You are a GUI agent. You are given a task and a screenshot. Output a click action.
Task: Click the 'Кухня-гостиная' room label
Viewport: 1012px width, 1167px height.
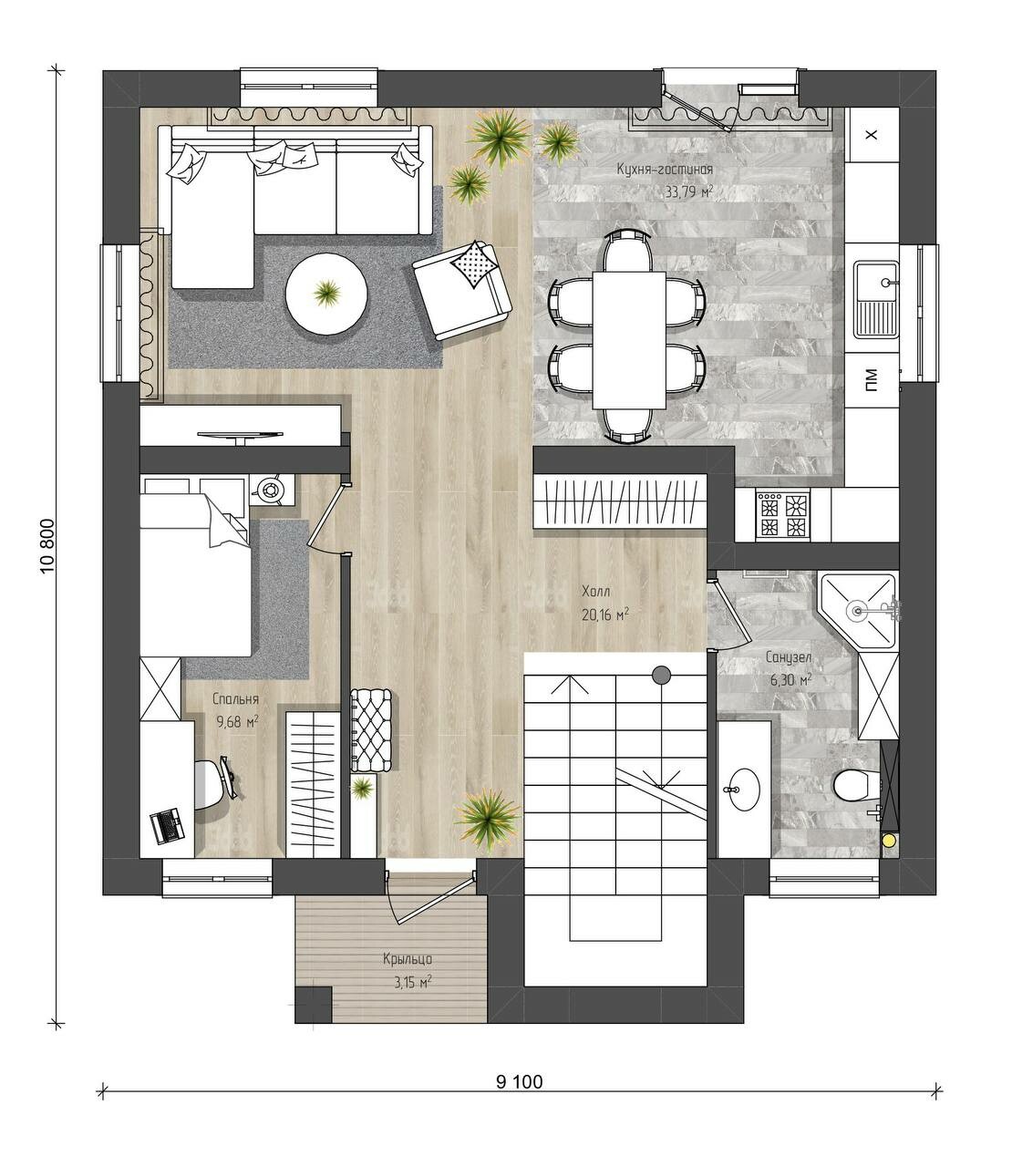(x=664, y=170)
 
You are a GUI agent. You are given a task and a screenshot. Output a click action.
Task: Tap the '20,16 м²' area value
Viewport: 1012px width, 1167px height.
(x=605, y=614)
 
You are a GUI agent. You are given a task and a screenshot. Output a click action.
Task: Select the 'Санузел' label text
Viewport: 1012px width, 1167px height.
(x=789, y=657)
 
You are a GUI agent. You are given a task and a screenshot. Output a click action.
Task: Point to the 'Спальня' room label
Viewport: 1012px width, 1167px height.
(x=235, y=699)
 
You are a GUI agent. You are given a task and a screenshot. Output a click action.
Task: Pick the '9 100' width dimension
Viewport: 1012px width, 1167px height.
(x=520, y=1081)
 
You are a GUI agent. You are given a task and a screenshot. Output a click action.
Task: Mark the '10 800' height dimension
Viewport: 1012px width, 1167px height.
(x=47, y=546)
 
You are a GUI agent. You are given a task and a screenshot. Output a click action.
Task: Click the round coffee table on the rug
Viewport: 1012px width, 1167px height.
(x=327, y=294)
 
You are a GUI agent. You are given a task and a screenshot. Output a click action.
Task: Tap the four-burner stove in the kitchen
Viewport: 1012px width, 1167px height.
(x=782, y=514)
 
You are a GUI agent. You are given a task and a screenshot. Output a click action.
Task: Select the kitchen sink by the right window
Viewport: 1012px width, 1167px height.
(x=876, y=299)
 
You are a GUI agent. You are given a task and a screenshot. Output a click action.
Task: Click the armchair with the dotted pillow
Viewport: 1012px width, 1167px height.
(x=462, y=291)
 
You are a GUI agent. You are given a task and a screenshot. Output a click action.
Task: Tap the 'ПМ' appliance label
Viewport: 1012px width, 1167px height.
(x=872, y=380)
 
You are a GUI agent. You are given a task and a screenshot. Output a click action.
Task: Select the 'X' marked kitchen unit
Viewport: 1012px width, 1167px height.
(x=872, y=134)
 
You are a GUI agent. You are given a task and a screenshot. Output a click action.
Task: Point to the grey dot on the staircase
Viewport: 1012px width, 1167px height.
(x=661, y=674)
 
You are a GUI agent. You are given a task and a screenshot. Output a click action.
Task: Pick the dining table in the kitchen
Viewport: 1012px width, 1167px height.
(x=628, y=340)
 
